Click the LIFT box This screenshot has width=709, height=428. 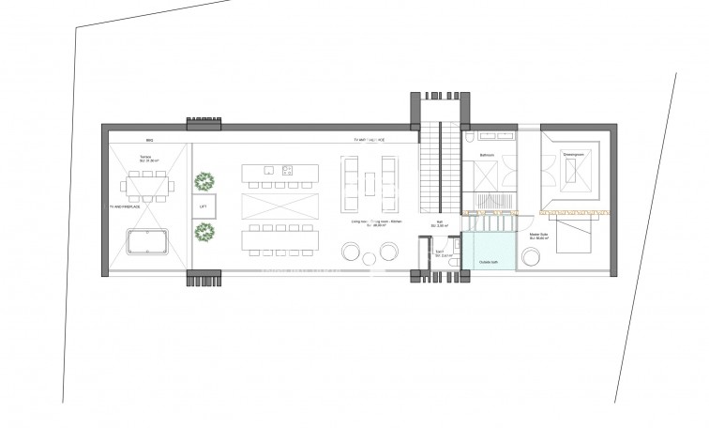pyautogui.click(x=204, y=207)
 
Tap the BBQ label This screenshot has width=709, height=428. pyautogui.click(x=149, y=139)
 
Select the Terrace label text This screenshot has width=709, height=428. pyautogui.click(x=146, y=157)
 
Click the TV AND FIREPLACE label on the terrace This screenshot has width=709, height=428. pyautogui.click(x=123, y=206)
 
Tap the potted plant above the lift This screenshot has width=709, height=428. pyautogui.click(x=204, y=180)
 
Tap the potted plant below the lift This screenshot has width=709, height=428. pyautogui.click(x=204, y=231)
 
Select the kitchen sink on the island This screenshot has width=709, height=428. pyautogui.click(x=267, y=170)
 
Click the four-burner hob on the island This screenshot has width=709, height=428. pyautogui.click(x=288, y=170)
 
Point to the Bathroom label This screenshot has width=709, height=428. pyautogui.click(x=487, y=154)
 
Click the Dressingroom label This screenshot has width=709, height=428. pyautogui.click(x=573, y=154)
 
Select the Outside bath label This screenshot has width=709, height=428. pyautogui.click(x=489, y=262)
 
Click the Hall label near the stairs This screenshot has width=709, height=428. pyautogui.click(x=439, y=224)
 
